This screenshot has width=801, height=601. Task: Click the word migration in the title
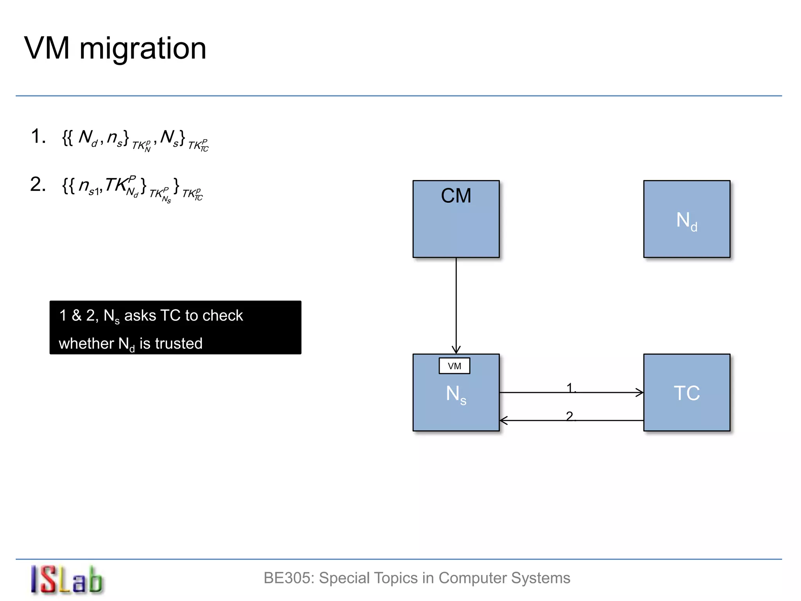pos(143,49)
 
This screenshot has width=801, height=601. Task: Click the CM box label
pos(456,196)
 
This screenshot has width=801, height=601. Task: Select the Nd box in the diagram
pos(686,219)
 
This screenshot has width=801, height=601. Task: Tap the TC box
pos(686,392)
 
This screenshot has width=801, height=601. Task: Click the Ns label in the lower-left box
pos(456,394)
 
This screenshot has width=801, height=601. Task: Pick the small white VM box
pos(454,366)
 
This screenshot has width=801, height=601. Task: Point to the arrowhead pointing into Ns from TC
pos(504,421)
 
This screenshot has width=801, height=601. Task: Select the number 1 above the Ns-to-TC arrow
pos(570,387)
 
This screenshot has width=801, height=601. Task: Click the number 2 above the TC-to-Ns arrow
pos(569,416)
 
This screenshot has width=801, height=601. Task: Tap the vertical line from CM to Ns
pos(456,301)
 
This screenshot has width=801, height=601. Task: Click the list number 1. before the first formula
pos(38,137)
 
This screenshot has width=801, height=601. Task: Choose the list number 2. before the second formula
pos(38,184)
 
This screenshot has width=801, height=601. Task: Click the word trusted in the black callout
pos(179,344)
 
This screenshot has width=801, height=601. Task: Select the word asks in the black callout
pos(140,315)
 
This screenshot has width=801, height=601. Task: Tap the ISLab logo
pos(66,580)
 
